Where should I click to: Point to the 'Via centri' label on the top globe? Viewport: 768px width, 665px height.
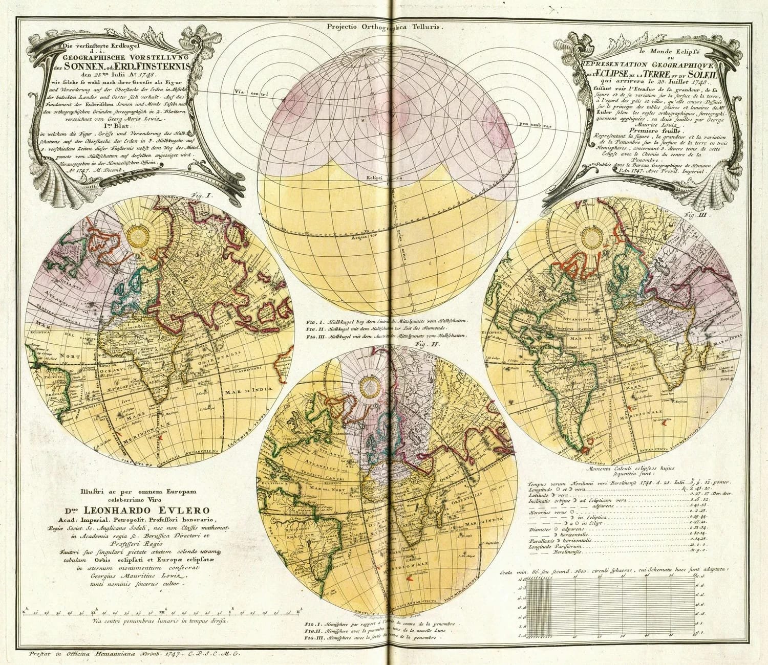coord(258,93)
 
